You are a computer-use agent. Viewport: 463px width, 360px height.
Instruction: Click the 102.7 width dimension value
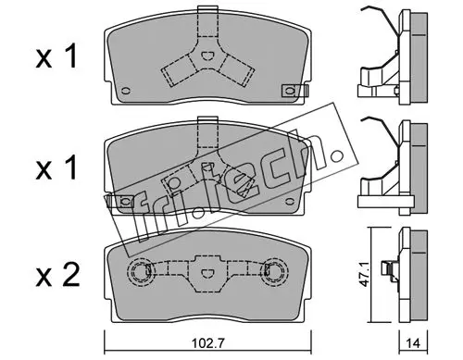tap(207, 343)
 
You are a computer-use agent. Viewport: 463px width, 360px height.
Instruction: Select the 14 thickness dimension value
tap(413, 343)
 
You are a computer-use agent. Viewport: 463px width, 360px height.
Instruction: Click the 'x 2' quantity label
tap(57, 274)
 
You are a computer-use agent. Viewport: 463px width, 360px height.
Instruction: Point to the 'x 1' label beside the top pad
tap(56, 56)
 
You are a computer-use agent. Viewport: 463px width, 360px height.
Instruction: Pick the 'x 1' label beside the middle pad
tap(56, 168)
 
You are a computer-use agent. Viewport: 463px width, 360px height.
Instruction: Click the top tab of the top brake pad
tap(207, 10)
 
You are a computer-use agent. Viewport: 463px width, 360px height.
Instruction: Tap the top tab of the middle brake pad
tap(207, 121)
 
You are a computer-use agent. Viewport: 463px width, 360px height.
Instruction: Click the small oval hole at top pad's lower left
tap(126, 91)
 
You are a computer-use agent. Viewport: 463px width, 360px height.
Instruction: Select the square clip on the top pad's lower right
tap(291, 91)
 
